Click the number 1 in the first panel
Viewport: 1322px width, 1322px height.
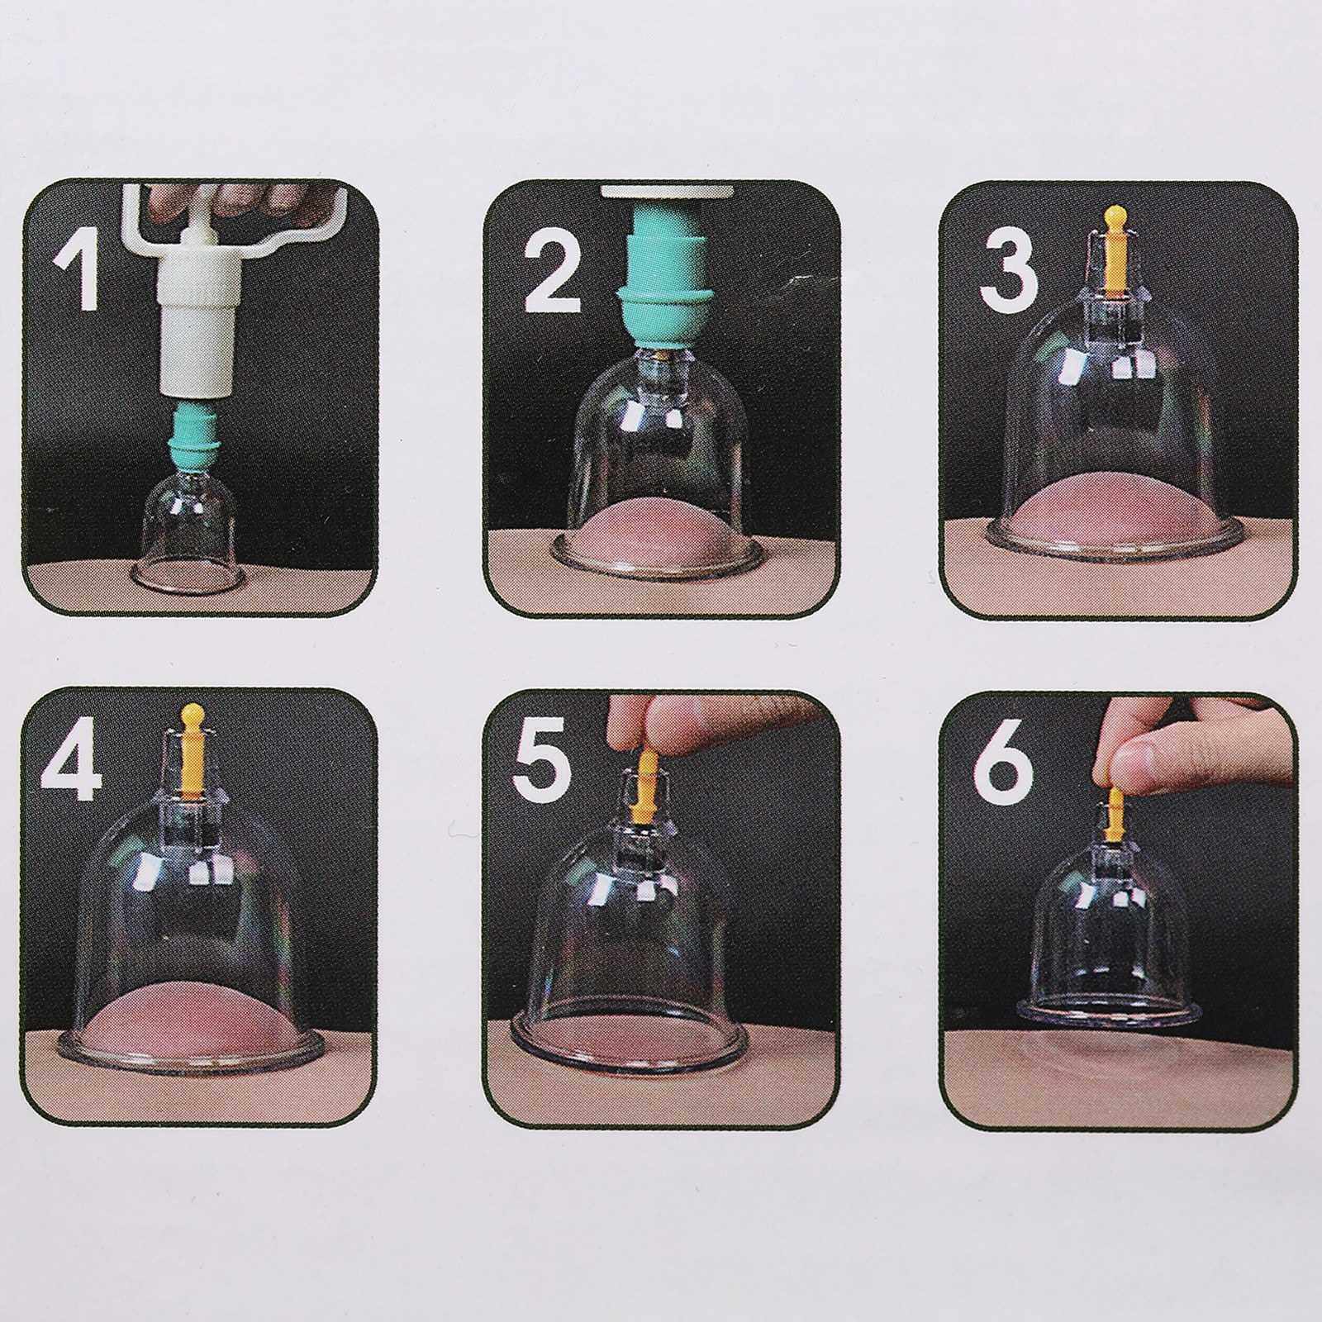[78, 269]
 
